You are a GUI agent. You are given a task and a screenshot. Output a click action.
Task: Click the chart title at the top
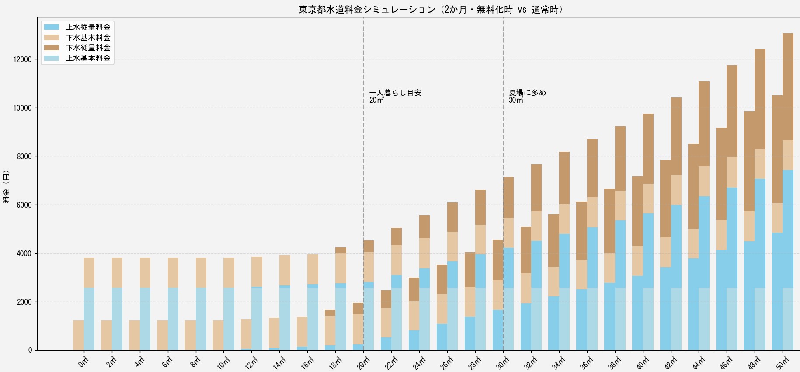pos(431,9)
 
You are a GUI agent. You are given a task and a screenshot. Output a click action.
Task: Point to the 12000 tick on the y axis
pos(23,59)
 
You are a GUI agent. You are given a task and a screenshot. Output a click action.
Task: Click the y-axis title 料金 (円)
pos(7,186)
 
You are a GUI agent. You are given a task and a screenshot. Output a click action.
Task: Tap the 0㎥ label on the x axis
pos(83,362)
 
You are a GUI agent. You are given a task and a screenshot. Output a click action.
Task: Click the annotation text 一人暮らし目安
pos(395,93)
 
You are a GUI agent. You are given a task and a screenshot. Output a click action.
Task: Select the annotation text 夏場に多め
pos(528,93)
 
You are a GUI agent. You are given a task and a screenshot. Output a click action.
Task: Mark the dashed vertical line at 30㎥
pos(503,184)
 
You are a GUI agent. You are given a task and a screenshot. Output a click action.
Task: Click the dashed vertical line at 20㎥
pos(363,184)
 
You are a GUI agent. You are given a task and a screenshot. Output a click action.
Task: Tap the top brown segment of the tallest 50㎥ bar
pos(788,87)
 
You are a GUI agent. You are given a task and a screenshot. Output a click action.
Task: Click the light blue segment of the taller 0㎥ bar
pos(89,319)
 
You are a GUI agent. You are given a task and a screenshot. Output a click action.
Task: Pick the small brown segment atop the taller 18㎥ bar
pos(341,250)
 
